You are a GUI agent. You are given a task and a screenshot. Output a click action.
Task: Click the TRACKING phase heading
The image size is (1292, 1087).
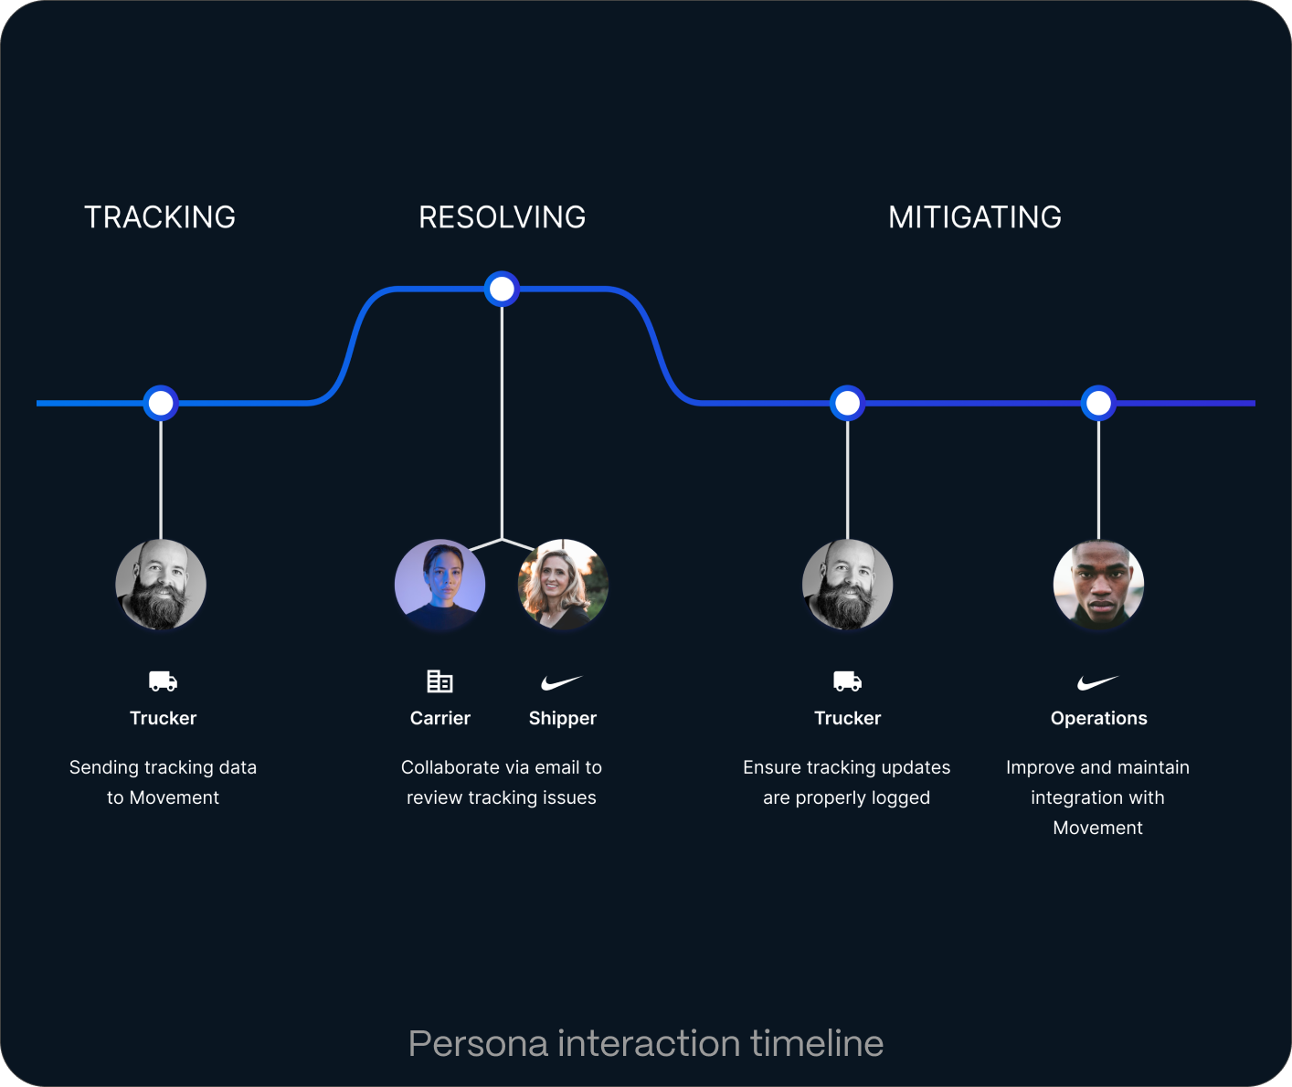coord(160,217)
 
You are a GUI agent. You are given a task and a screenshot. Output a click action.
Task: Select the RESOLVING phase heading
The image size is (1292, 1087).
coord(502,217)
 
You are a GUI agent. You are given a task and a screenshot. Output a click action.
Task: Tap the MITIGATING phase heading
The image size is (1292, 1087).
coord(975,217)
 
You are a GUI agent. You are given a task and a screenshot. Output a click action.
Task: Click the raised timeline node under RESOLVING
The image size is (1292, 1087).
coord(502,290)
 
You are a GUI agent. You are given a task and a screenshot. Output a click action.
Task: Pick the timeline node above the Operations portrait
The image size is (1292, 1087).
coord(1098,403)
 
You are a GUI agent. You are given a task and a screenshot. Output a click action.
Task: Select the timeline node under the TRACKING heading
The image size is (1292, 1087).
coord(161,403)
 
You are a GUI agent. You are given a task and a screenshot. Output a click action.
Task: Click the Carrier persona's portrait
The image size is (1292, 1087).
coord(439,585)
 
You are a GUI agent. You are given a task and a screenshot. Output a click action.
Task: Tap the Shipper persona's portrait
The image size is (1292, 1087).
coord(563,585)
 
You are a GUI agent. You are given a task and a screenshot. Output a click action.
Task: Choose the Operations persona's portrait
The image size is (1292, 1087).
coord(1098,585)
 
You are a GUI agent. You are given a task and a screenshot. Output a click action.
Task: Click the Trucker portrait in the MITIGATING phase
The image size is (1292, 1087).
coord(847,585)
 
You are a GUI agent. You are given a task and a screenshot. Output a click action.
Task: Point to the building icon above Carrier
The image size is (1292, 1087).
coord(439,681)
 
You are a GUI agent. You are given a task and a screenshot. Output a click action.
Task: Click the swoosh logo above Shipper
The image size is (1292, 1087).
coord(561,682)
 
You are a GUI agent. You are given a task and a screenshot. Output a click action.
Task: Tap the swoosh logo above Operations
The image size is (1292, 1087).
coord(1097,682)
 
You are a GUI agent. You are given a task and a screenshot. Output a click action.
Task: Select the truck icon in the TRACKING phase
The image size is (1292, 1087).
coord(163,681)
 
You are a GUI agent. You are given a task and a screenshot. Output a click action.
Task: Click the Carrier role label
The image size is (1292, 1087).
coord(439,718)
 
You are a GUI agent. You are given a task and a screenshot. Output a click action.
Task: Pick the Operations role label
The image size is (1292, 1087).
coord(1098,718)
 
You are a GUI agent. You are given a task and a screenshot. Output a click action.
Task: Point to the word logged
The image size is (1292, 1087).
coord(900,797)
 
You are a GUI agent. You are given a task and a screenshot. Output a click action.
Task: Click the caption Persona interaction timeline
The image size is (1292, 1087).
coord(645,1043)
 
